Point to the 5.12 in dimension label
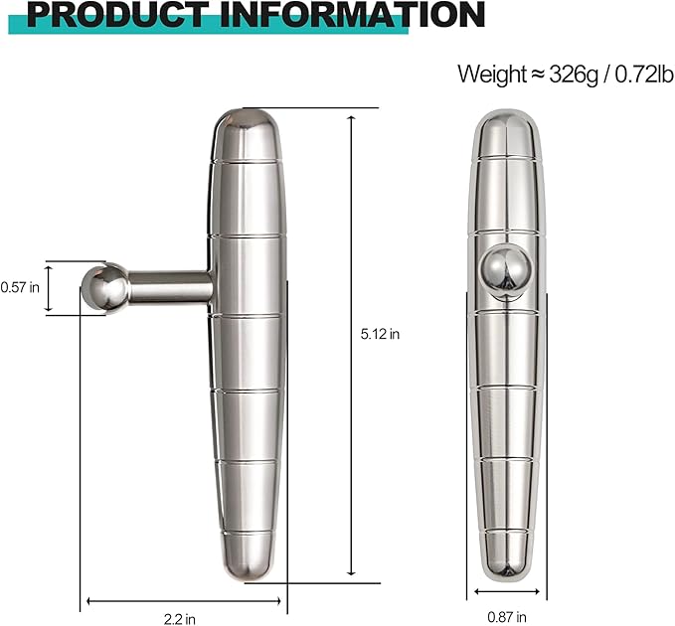click(x=380, y=335)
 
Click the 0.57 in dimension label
click(x=20, y=287)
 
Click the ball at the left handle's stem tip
click(x=103, y=288)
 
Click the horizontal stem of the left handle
click(x=170, y=287)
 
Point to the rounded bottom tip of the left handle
click(x=246, y=566)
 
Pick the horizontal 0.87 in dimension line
click(x=507, y=592)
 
